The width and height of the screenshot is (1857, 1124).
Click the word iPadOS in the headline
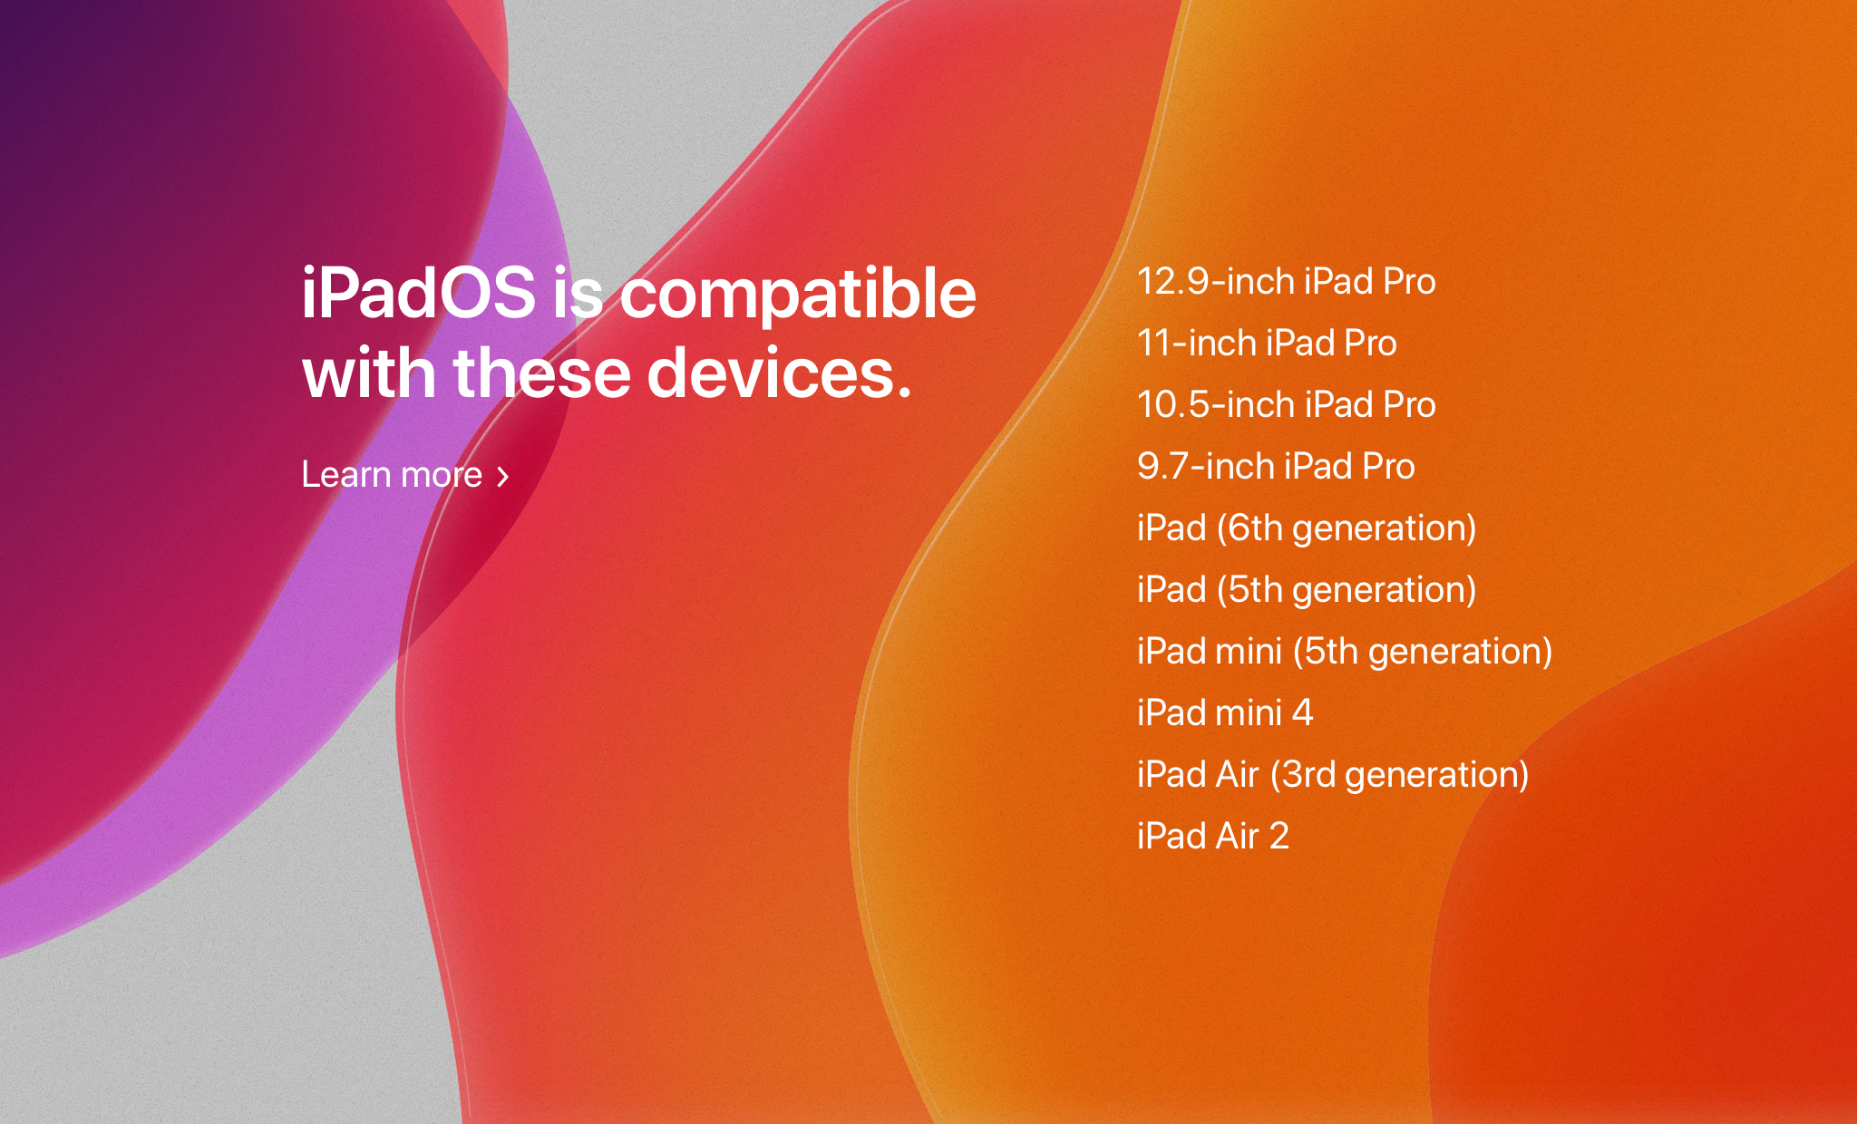click(x=418, y=293)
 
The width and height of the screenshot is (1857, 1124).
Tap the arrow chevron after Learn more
click(x=503, y=476)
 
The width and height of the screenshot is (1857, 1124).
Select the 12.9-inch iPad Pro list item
click(x=1286, y=281)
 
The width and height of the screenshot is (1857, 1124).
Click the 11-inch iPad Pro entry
click(x=1267, y=343)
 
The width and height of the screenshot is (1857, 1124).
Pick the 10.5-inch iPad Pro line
click(x=1286, y=404)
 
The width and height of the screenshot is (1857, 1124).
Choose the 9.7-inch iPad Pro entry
click(x=1276, y=466)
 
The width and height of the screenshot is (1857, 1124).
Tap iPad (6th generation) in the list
click(x=1307, y=528)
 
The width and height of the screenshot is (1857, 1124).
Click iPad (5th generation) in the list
click(x=1307, y=590)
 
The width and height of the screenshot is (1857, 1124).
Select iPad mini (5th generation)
click(x=1345, y=652)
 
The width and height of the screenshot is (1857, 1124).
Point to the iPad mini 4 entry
click(x=1225, y=712)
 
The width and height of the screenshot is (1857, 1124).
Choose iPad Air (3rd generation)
click(x=1333, y=775)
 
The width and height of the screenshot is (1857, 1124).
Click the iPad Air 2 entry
click(x=1213, y=836)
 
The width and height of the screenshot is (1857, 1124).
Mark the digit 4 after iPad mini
click(x=1302, y=712)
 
